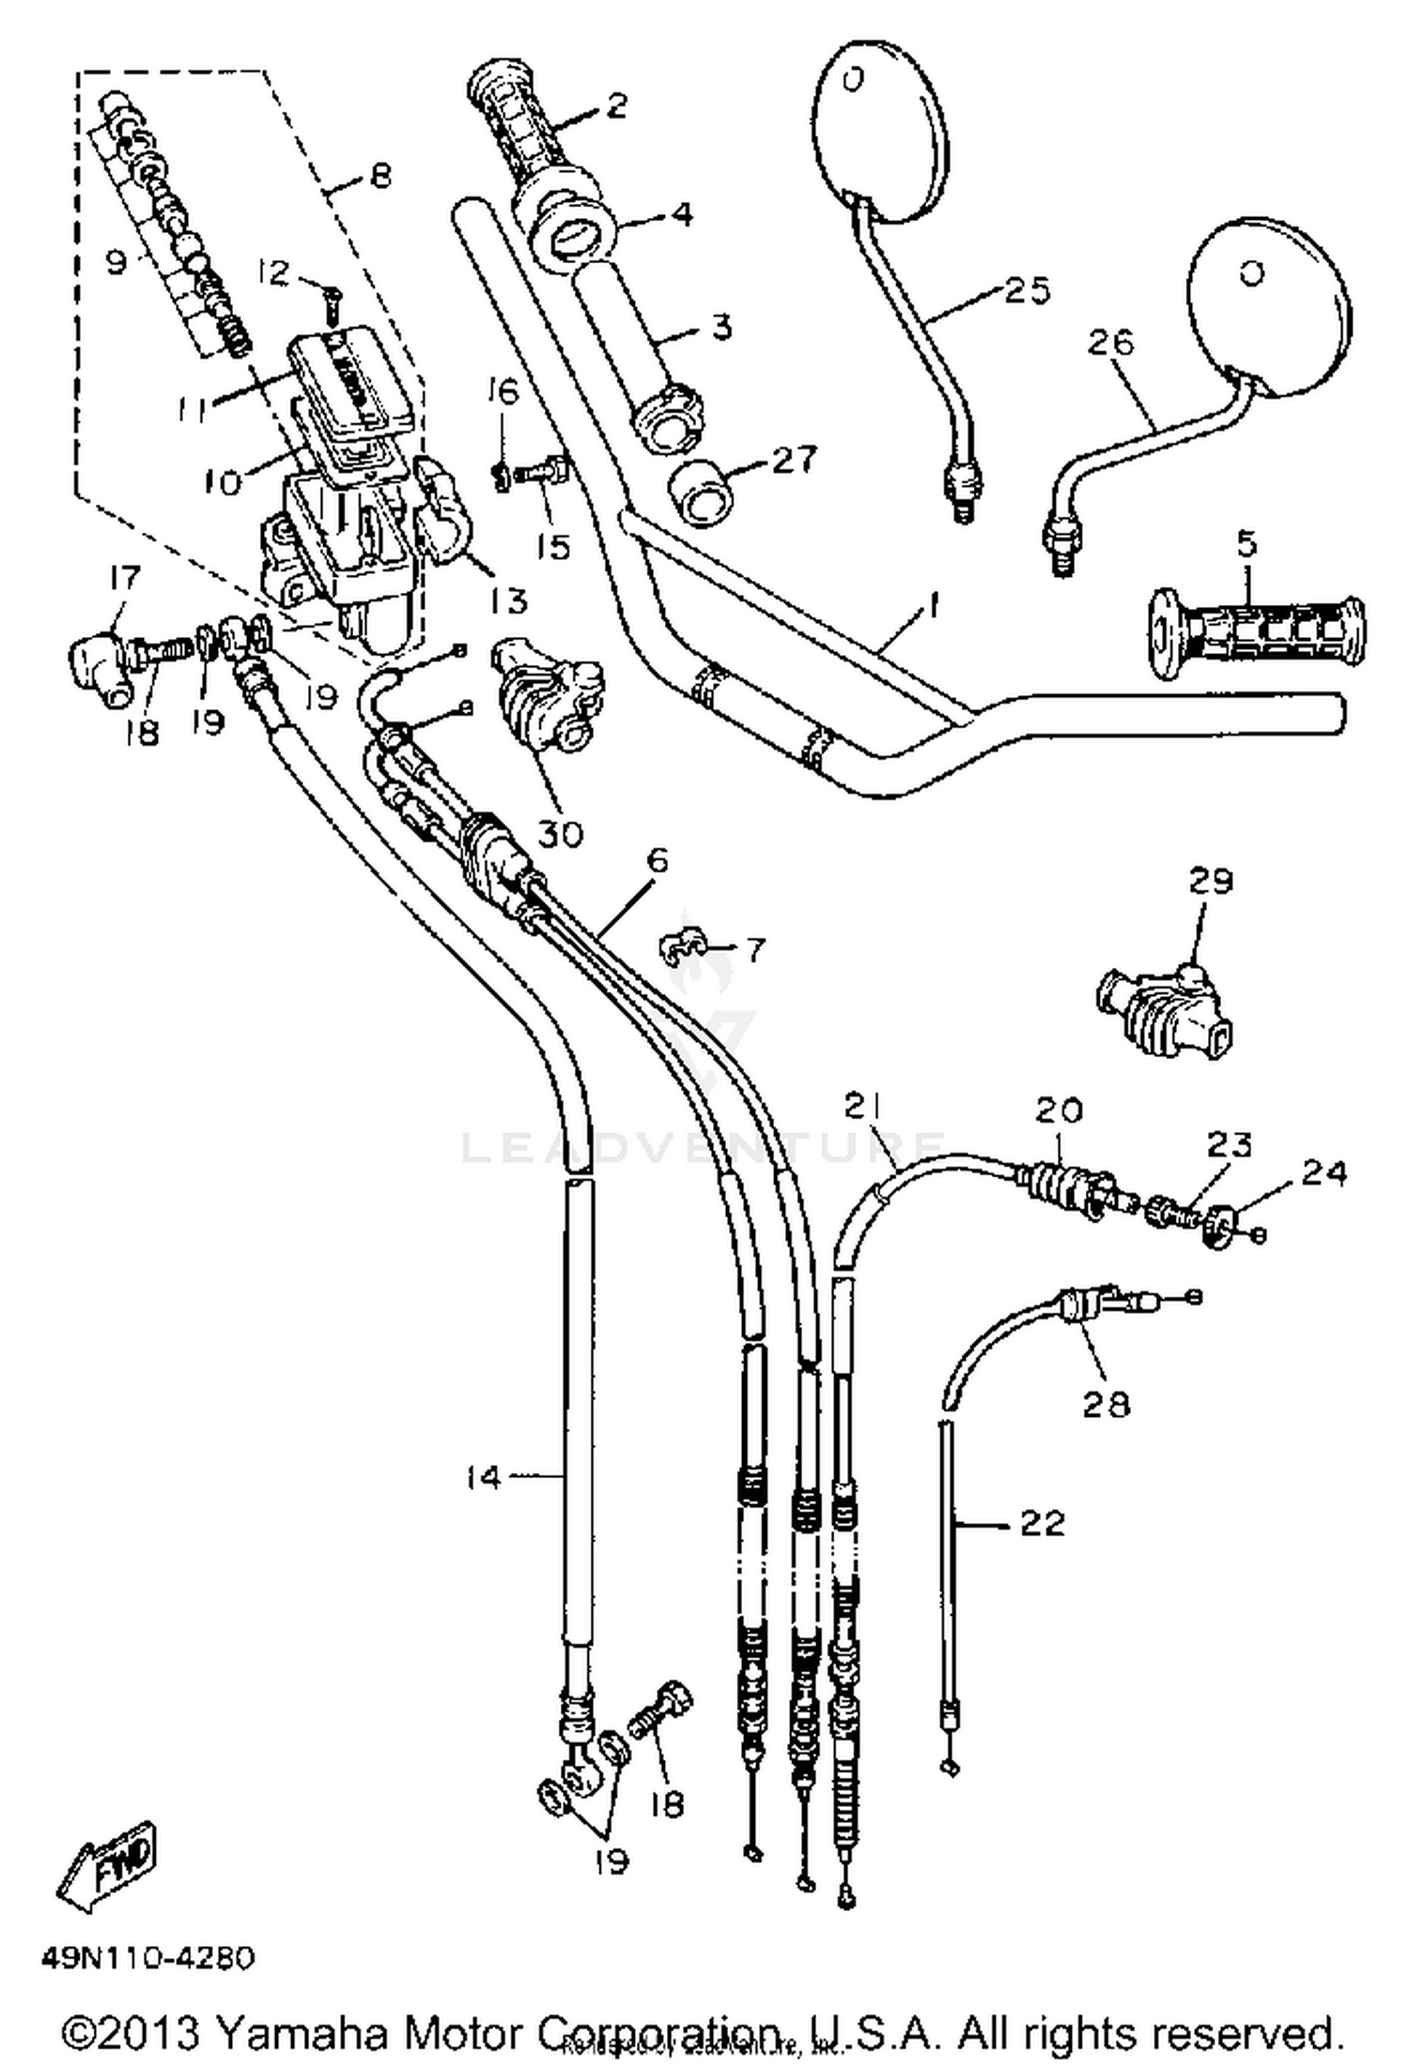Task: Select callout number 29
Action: coord(1210,881)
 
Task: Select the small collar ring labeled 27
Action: coord(704,494)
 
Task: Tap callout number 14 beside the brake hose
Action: coord(484,1478)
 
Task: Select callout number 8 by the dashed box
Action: coord(379,177)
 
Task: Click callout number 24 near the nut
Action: coord(1324,1173)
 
